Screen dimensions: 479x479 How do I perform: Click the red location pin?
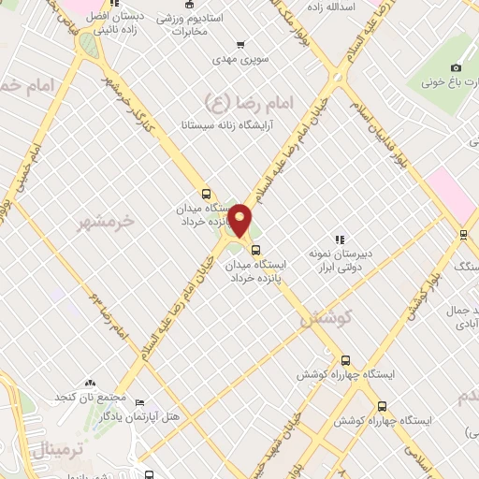click(x=240, y=221)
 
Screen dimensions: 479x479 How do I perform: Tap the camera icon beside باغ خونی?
click(x=456, y=67)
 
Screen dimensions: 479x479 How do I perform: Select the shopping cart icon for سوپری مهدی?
click(x=240, y=44)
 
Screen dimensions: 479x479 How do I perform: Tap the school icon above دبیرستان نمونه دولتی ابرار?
click(x=341, y=239)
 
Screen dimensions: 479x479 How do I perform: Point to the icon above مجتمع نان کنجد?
click(x=90, y=384)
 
